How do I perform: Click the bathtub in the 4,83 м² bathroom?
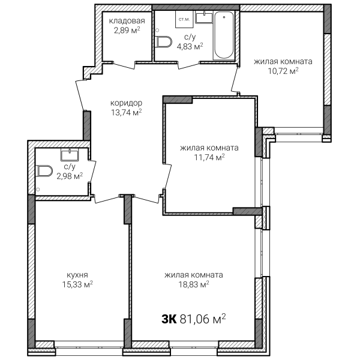click(224, 35)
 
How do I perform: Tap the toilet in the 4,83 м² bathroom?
click(163, 42)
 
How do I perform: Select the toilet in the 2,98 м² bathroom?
click(44, 171)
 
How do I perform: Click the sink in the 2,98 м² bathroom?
click(70, 155)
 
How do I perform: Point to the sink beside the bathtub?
click(204, 17)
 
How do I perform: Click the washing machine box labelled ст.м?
click(184, 19)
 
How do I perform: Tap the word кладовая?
click(127, 21)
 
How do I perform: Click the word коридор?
click(126, 103)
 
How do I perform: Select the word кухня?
click(77, 275)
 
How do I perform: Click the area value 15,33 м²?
click(77, 284)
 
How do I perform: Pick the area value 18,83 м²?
click(194, 284)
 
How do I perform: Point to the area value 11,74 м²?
click(209, 157)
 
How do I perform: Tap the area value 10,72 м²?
click(283, 71)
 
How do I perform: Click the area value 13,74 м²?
click(126, 113)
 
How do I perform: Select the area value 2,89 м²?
click(127, 31)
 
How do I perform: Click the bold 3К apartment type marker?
click(169, 319)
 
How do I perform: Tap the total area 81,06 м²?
click(203, 319)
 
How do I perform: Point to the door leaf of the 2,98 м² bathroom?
click(92, 172)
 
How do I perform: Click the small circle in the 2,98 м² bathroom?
click(38, 190)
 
